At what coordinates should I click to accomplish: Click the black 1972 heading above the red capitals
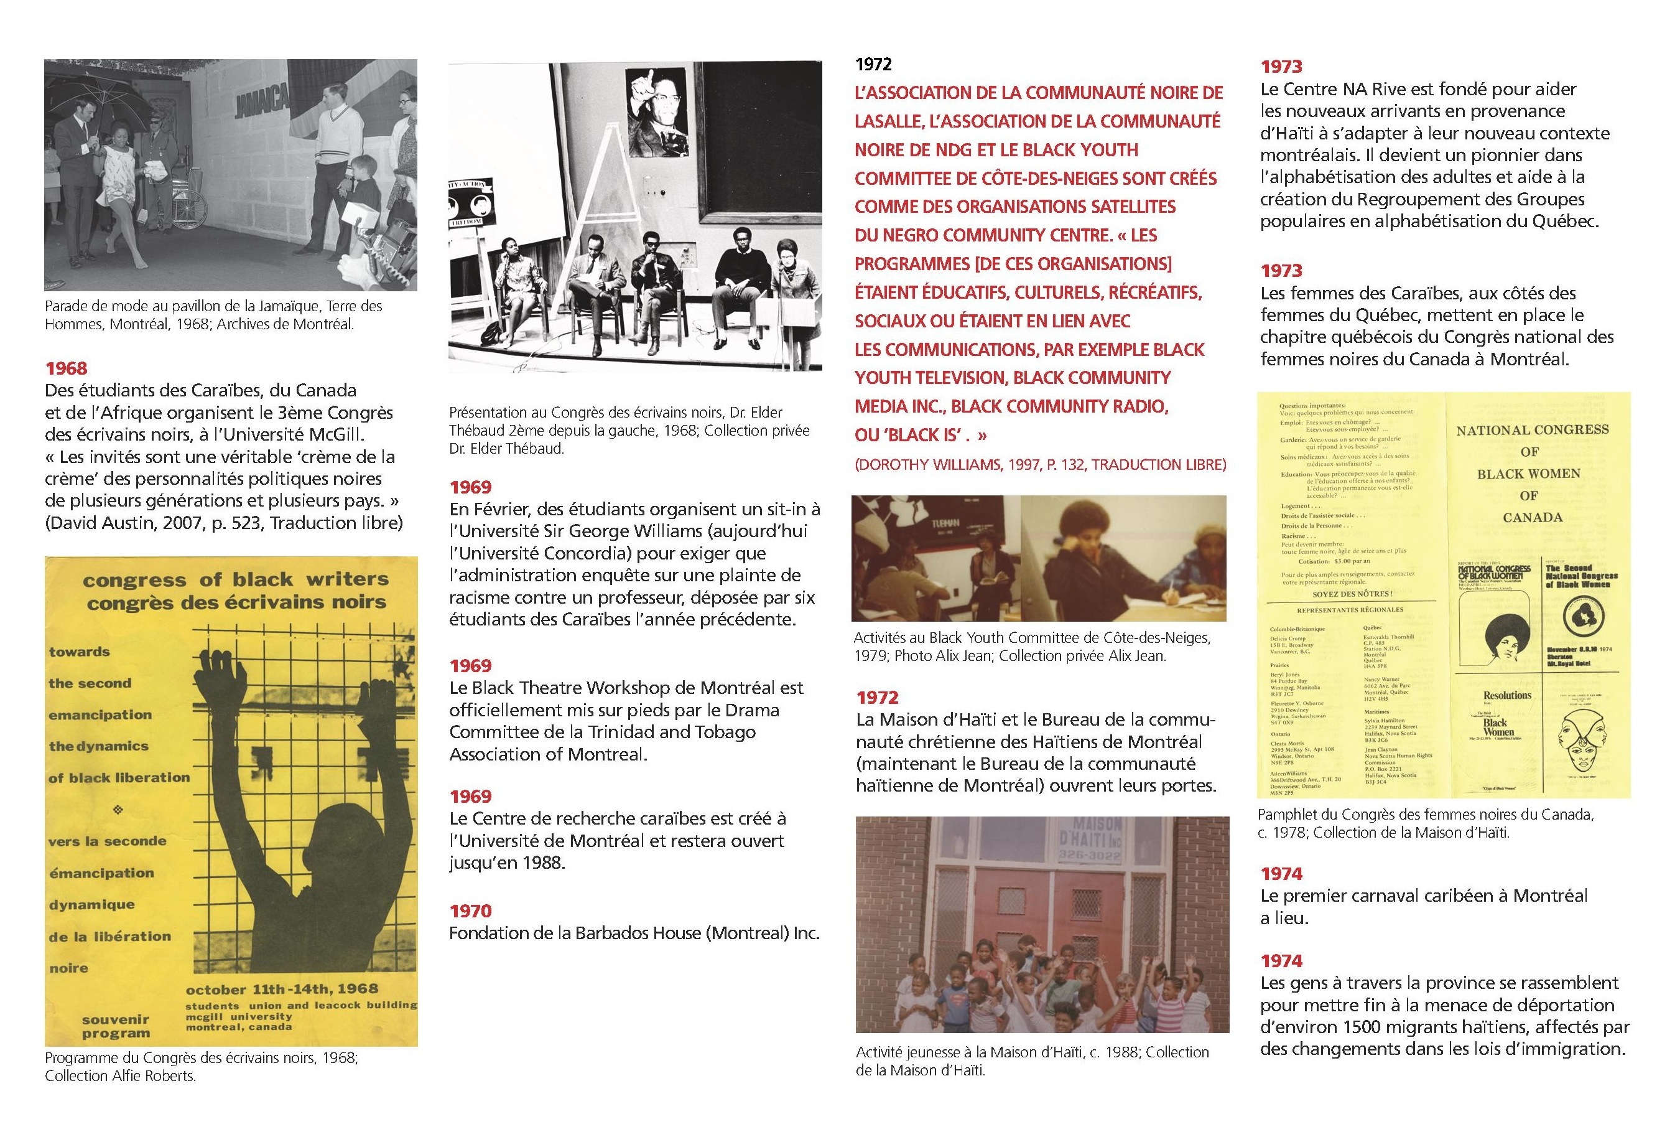(x=873, y=64)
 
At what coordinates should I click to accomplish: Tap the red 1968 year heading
(x=66, y=368)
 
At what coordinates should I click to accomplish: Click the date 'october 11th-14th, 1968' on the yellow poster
(x=282, y=989)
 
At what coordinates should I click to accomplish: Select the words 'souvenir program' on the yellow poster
(x=116, y=1026)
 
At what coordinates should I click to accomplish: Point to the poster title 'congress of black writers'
(x=236, y=580)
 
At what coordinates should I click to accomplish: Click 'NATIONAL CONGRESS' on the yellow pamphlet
(x=1532, y=429)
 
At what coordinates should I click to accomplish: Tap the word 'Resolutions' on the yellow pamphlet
(x=1507, y=695)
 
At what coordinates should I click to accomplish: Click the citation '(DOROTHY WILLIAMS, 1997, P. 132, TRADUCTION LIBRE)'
(x=1040, y=464)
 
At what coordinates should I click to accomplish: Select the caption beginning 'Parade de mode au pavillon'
(x=213, y=315)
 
